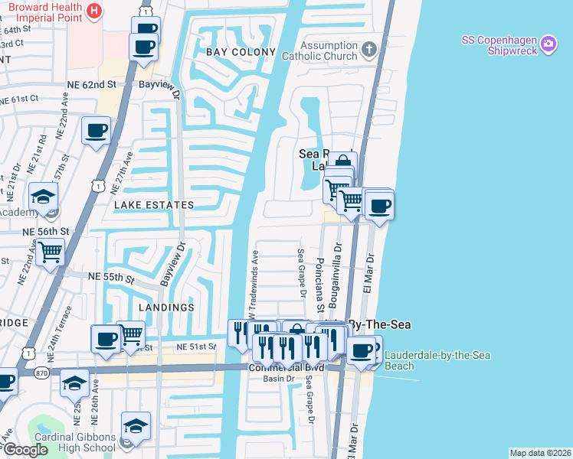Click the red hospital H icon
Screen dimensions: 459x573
pyautogui.click(x=94, y=11)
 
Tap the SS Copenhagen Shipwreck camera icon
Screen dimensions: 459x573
pyautogui.click(x=548, y=44)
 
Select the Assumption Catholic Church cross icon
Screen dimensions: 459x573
pyautogui.click(x=369, y=50)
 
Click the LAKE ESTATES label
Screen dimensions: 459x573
pyautogui.click(x=154, y=205)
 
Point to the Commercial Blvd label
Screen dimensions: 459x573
pyautogui.click(x=286, y=368)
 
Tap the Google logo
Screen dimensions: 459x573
pyautogui.click(x=26, y=450)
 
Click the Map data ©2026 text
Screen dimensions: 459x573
pyautogui.click(x=540, y=453)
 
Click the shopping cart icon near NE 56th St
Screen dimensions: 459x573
pyautogui.click(x=50, y=250)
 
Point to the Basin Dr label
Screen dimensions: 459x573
pyautogui.click(x=279, y=379)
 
